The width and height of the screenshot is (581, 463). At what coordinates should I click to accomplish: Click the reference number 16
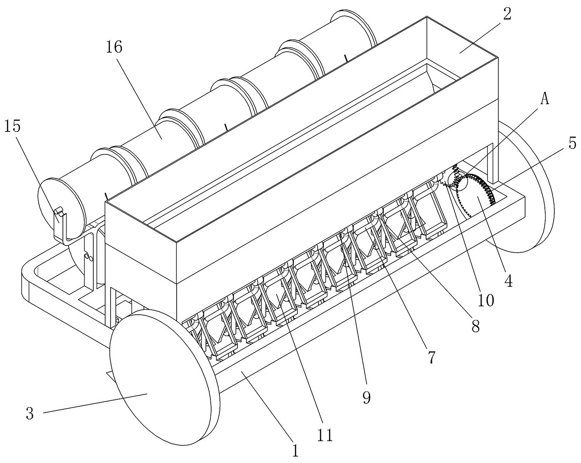coord(114,47)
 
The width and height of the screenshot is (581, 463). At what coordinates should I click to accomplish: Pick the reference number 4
coord(508,281)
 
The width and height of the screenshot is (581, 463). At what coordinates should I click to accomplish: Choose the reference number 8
coord(475,327)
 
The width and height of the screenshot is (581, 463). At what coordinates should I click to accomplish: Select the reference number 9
coord(367,397)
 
